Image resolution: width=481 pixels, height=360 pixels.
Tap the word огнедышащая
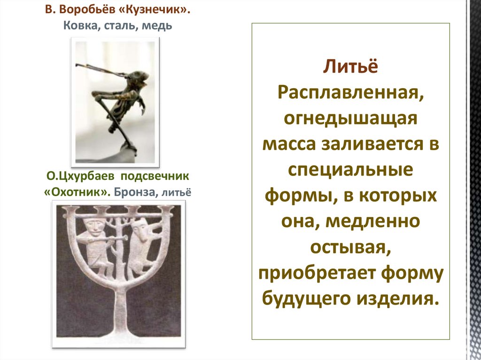350,117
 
